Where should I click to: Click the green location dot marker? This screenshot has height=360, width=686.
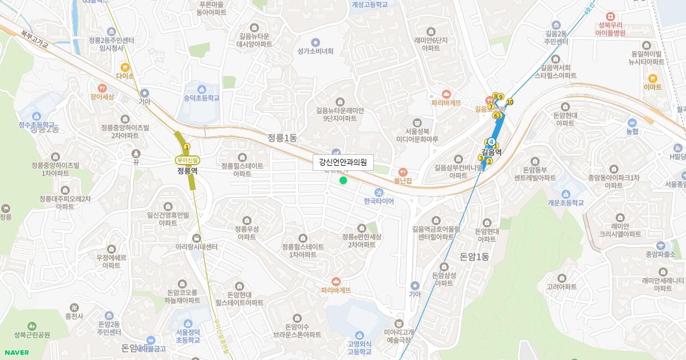(343, 181)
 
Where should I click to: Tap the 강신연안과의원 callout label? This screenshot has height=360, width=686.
(343, 163)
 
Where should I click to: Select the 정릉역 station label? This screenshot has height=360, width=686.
(187, 170)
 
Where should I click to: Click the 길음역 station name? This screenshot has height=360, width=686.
(491, 152)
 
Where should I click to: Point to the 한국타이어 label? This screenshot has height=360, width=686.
(378, 201)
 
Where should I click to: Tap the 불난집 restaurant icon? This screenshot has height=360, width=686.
(402, 171)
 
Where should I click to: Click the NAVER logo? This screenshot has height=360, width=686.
(16, 353)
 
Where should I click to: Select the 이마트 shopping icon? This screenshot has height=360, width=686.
(652, 78)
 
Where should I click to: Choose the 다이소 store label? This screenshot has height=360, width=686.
(125, 76)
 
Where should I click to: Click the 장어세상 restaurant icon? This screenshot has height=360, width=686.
(102, 88)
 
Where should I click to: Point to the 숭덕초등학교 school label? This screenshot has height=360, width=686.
(201, 98)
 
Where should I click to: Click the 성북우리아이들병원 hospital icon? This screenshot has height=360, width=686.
(612, 16)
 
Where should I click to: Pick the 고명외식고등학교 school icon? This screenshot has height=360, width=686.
(359, 335)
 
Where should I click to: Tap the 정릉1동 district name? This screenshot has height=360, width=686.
(282, 138)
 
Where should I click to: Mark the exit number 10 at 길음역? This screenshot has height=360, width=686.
(510, 102)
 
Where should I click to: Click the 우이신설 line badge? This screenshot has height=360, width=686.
(188, 160)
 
